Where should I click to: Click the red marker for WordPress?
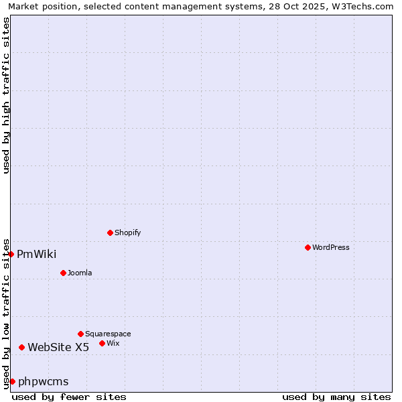pos(308,247)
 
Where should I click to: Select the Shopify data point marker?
pos(110,232)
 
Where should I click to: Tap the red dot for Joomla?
pos(63,273)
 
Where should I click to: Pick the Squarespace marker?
pos(80,334)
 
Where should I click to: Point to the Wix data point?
pos(102,343)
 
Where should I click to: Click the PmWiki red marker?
pos(11,254)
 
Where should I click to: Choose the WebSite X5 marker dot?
pos(21,347)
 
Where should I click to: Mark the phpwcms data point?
pos(12,381)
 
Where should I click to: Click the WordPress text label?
pos(330,247)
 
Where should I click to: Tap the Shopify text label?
pos(127,232)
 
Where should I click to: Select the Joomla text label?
pos(80,273)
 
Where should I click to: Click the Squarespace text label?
pos(108,334)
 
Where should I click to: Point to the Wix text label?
pos(113,343)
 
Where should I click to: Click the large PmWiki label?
pos(36,254)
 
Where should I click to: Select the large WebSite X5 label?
pos(58,347)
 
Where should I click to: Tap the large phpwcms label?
pos(43,381)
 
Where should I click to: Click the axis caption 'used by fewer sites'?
pos(69,397)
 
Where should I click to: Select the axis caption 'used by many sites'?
pos(336,397)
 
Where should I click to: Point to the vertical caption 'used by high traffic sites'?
pos(7,95)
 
